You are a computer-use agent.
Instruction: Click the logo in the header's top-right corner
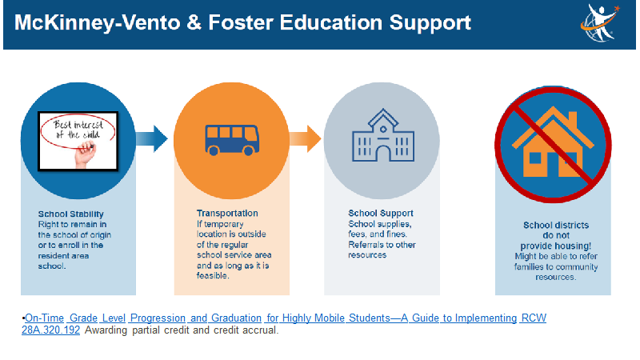[599, 23]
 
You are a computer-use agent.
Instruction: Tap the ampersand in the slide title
[194, 22]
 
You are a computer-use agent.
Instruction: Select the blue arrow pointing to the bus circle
[151, 138]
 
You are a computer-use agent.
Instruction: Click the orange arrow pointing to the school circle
[305, 138]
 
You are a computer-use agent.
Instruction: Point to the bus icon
[232, 140]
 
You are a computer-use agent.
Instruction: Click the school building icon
[383, 135]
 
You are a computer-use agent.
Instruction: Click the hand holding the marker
[86, 154]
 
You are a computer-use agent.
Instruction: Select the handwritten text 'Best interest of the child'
[78, 130]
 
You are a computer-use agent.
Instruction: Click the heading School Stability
[71, 214]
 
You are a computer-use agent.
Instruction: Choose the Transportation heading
[227, 213]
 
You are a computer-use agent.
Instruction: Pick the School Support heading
[381, 213]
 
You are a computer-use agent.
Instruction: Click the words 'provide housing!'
[555, 246]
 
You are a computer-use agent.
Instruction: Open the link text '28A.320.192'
[50, 330]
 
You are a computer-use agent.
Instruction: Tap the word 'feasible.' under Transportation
[213, 275]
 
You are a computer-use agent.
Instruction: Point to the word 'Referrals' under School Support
[365, 245]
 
